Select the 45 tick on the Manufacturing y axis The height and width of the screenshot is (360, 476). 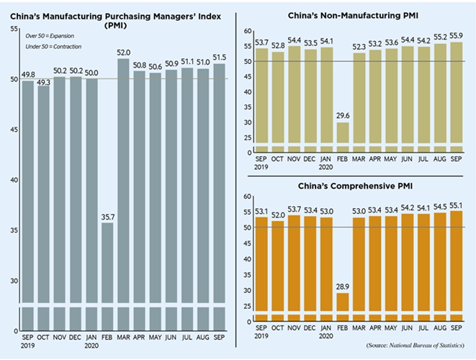pyautogui.click(x=15, y=130)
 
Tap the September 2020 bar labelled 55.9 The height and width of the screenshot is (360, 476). pyautogui.click(x=455, y=94)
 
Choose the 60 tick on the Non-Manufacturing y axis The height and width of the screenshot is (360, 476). pyautogui.click(x=247, y=32)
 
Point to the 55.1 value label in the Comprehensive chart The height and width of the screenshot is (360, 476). pyautogui.click(x=455, y=204)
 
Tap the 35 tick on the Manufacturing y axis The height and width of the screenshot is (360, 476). pyautogui.click(x=15, y=230)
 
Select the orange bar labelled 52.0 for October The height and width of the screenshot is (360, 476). pyautogui.click(x=277, y=266)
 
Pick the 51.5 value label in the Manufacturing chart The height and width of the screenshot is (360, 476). pyautogui.click(x=221, y=58)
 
